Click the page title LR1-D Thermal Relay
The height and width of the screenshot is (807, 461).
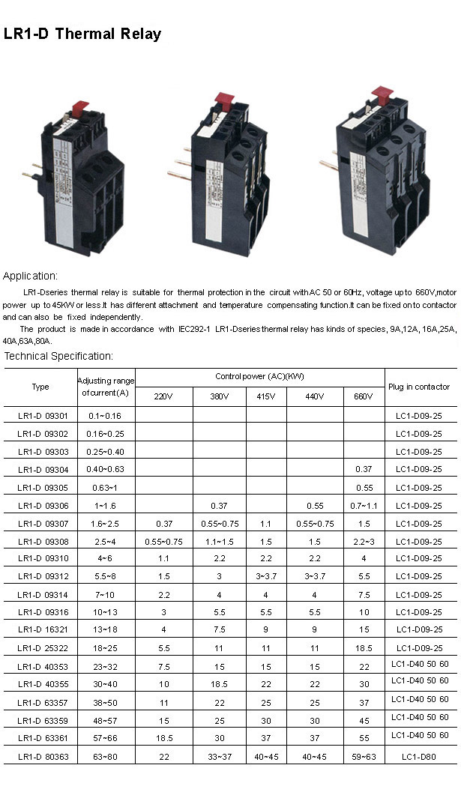coord(82,34)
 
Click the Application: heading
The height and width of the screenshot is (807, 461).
coord(30,276)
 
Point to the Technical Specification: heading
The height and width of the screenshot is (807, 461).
coord(58,356)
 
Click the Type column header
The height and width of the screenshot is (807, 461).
coord(40,387)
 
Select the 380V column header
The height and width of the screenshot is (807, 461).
coord(220,396)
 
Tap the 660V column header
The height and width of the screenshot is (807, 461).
coord(364,396)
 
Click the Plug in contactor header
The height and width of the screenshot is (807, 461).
coord(419,387)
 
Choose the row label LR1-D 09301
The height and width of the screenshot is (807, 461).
coord(43,415)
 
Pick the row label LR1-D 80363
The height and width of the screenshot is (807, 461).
coord(43,757)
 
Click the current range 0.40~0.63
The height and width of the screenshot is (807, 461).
coord(106,469)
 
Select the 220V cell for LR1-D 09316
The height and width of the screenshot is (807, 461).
coord(164,612)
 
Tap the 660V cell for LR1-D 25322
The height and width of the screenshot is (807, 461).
coord(364,648)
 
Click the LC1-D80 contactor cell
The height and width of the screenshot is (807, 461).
coord(419,757)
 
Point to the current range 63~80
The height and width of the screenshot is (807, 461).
coord(106,757)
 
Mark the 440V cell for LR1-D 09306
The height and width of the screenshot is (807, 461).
coord(315,506)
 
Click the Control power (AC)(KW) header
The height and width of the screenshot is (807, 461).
coord(260,376)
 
